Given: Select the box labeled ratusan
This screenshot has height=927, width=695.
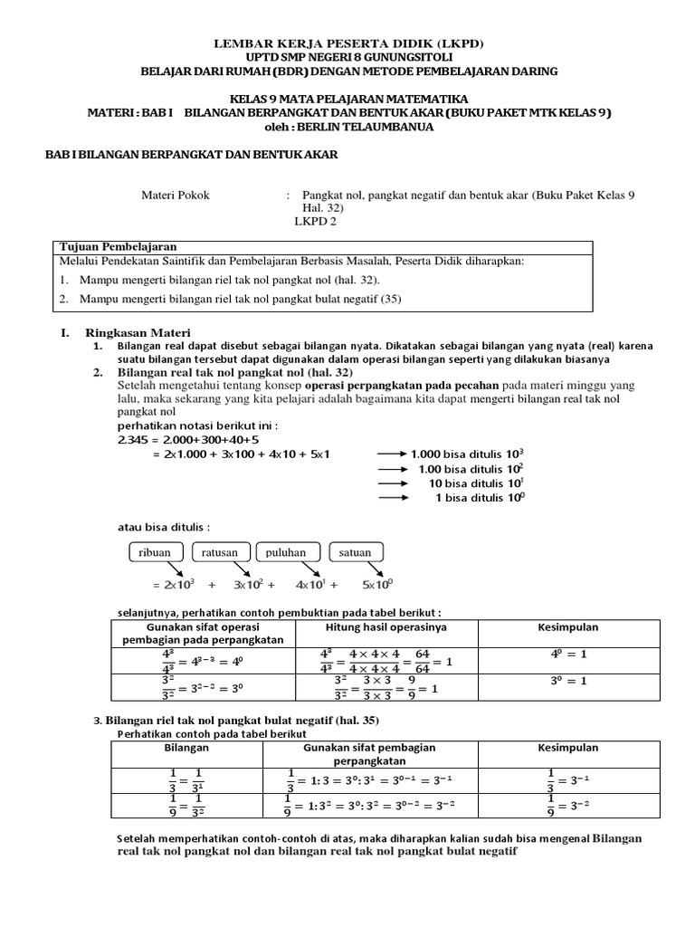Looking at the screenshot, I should click(220, 552).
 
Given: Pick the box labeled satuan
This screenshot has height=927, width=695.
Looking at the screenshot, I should click(355, 552).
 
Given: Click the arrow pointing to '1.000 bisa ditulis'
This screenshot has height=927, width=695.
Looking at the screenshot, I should click(391, 454).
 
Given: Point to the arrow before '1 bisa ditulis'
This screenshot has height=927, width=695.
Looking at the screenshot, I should click(391, 497).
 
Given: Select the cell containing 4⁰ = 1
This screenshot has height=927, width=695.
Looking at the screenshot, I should click(570, 655).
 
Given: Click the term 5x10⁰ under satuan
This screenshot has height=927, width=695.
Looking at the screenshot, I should click(378, 584).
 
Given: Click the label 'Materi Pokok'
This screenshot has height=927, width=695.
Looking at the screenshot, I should click(176, 195).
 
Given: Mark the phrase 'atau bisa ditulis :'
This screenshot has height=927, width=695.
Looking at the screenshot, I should click(164, 526).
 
